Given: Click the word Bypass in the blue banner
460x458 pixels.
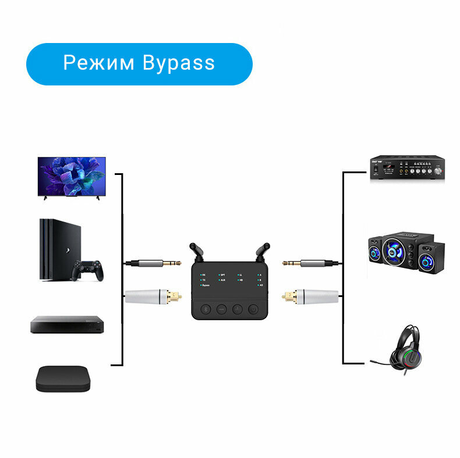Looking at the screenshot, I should coord(178,63).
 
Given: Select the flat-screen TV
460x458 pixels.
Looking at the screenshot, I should coord(72,176).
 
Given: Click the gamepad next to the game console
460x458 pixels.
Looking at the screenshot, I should coord(87,270).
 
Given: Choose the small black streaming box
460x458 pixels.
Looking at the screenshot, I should coord(64,378).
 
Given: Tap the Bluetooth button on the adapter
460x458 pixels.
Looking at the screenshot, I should coord(206,309).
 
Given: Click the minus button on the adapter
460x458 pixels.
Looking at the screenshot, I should coord(222,309).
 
